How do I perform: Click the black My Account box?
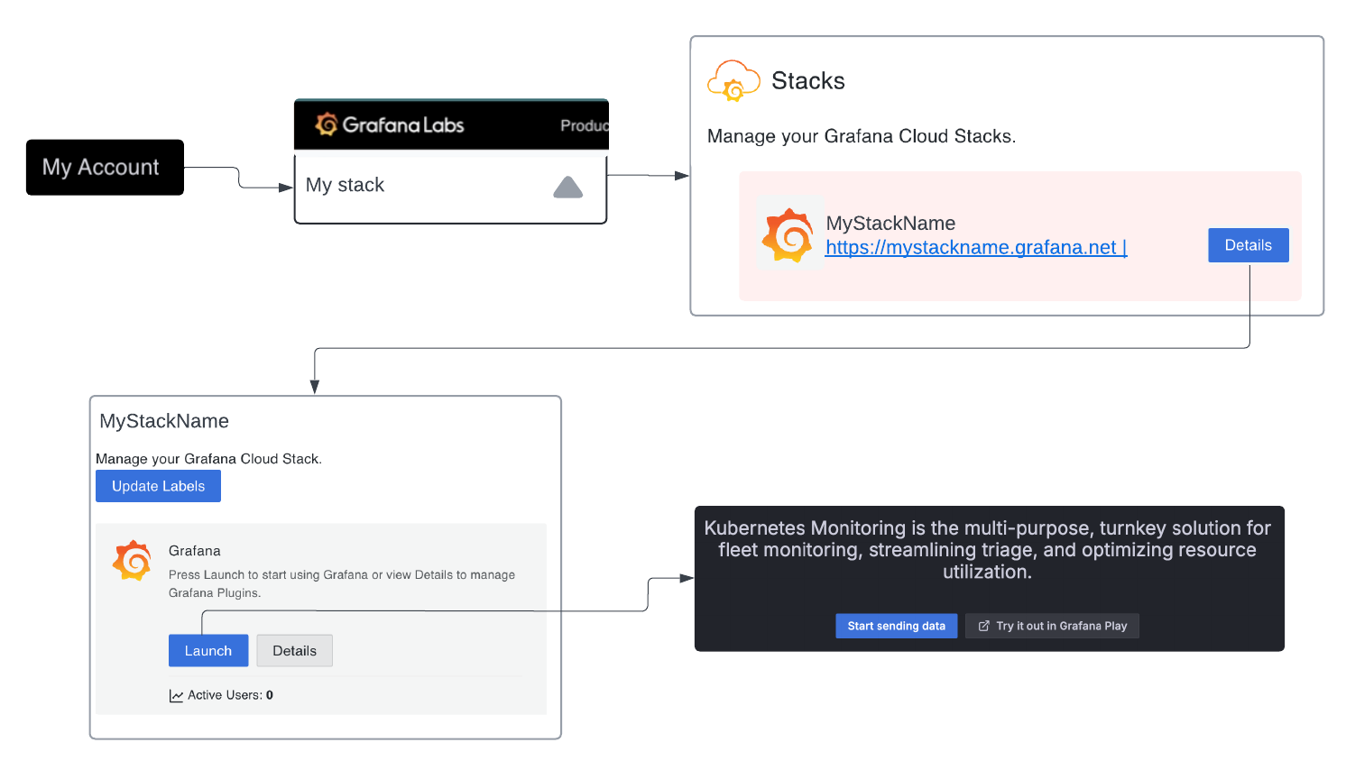(x=105, y=167)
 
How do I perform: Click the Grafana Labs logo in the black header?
(x=390, y=124)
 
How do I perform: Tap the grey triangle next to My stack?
(x=567, y=188)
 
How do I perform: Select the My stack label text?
(x=345, y=185)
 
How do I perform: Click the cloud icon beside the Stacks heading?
(x=733, y=81)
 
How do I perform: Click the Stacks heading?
(x=807, y=81)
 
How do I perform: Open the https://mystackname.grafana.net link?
(x=975, y=248)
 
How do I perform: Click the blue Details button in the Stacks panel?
(x=1248, y=245)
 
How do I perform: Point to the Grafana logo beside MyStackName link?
(x=788, y=235)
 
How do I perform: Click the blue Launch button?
(x=208, y=651)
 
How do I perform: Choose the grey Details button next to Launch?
(x=294, y=651)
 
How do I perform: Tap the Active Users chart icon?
(x=176, y=696)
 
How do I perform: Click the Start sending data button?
(x=896, y=626)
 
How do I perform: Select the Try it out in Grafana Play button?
(x=1052, y=626)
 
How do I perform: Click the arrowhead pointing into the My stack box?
(x=286, y=188)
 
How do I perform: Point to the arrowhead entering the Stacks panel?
(x=682, y=176)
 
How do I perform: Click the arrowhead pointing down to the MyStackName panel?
(x=315, y=387)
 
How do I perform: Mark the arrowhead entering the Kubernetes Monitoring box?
(x=687, y=578)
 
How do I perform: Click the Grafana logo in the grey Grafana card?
(x=132, y=561)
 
